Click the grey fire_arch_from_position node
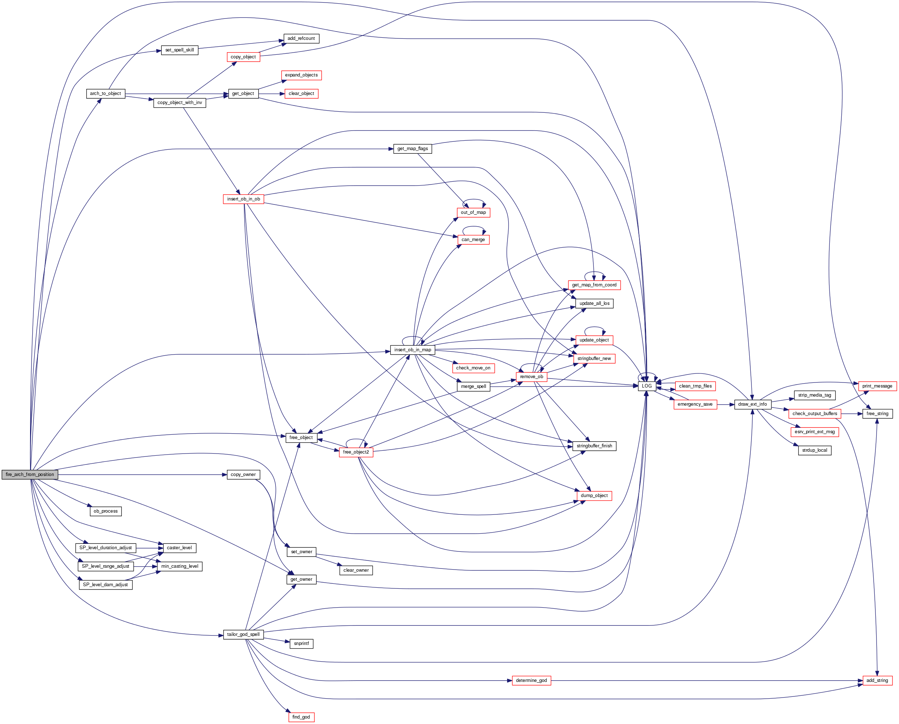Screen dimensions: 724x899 (x=30, y=474)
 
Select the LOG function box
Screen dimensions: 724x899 (x=646, y=386)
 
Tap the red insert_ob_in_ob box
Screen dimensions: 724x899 (x=244, y=199)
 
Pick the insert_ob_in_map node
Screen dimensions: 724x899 (x=413, y=349)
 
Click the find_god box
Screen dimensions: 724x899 (x=301, y=717)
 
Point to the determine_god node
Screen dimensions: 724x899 (x=531, y=680)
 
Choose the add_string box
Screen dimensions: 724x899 (x=877, y=680)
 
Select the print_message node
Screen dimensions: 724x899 (x=877, y=386)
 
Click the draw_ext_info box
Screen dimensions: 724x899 (x=752, y=404)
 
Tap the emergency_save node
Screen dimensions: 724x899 (x=695, y=404)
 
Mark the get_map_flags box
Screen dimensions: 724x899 (x=413, y=149)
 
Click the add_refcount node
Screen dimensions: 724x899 (x=301, y=38)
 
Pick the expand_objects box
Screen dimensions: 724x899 (x=301, y=75)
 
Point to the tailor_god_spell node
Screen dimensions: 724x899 (x=243, y=634)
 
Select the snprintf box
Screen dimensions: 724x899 (x=301, y=644)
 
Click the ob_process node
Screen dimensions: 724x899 (x=105, y=511)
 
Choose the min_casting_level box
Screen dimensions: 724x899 (x=180, y=566)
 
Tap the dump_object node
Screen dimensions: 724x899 (x=594, y=496)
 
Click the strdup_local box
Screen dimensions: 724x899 (x=814, y=450)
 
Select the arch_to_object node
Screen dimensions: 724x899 (x=105, y=94)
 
